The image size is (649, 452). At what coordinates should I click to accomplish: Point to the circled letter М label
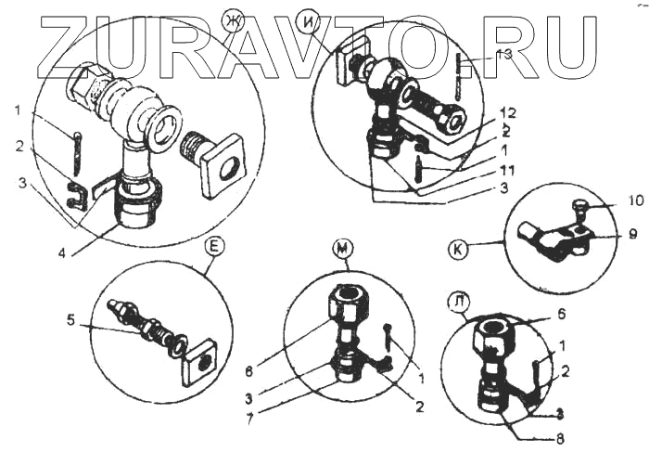pos(344,248)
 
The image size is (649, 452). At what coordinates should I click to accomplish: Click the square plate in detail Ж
pos(223,165)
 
